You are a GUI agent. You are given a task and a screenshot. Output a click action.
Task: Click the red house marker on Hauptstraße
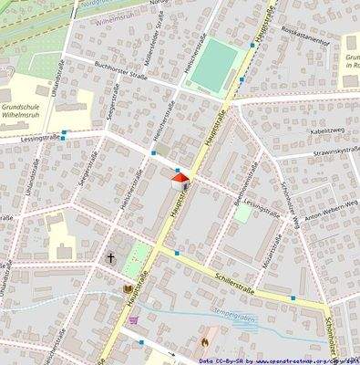click(180, 178)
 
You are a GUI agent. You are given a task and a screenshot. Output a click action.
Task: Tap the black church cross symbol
click(111, 259)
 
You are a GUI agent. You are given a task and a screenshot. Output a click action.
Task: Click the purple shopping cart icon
click(136, 320)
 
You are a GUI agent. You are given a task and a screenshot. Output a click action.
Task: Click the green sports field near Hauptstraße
click(215, 64)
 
